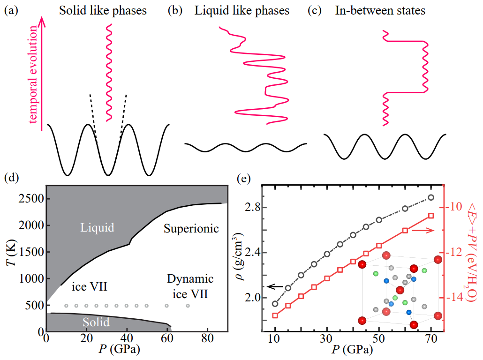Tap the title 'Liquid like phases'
[242, 10]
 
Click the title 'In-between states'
[380, 10]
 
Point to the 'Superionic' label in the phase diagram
[191, 229]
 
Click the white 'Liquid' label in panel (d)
[98, 228]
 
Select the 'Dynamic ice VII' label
[190, 287]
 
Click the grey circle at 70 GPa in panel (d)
[188, 306]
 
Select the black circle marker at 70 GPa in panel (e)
[431, 197]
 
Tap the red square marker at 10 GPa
[275, 315]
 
